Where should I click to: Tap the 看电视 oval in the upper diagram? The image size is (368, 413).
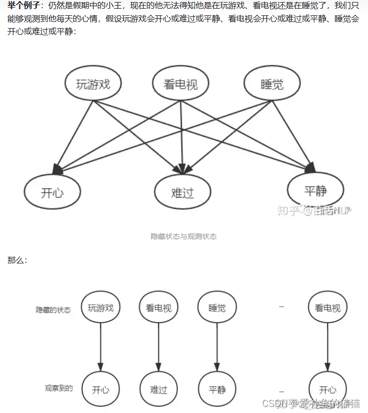point(175,84)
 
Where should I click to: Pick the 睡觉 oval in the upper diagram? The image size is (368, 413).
point(271,84)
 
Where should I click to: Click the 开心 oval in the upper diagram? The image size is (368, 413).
point(53,191)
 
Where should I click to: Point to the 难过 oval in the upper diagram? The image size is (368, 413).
point(182,192)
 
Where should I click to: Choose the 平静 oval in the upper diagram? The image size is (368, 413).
point(315,190)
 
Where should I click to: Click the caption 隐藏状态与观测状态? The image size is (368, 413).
point(183,236)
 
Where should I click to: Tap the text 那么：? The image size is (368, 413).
point(17,260)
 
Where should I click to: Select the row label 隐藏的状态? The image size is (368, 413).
point(53,310)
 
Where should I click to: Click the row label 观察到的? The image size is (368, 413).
point(59,388)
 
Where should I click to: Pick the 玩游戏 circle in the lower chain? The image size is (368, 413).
point(101,308)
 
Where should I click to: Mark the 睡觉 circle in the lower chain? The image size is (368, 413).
point(217,308)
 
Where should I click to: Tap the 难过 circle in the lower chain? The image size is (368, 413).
point(158,390)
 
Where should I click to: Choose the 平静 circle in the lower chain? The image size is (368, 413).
point(217,390)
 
